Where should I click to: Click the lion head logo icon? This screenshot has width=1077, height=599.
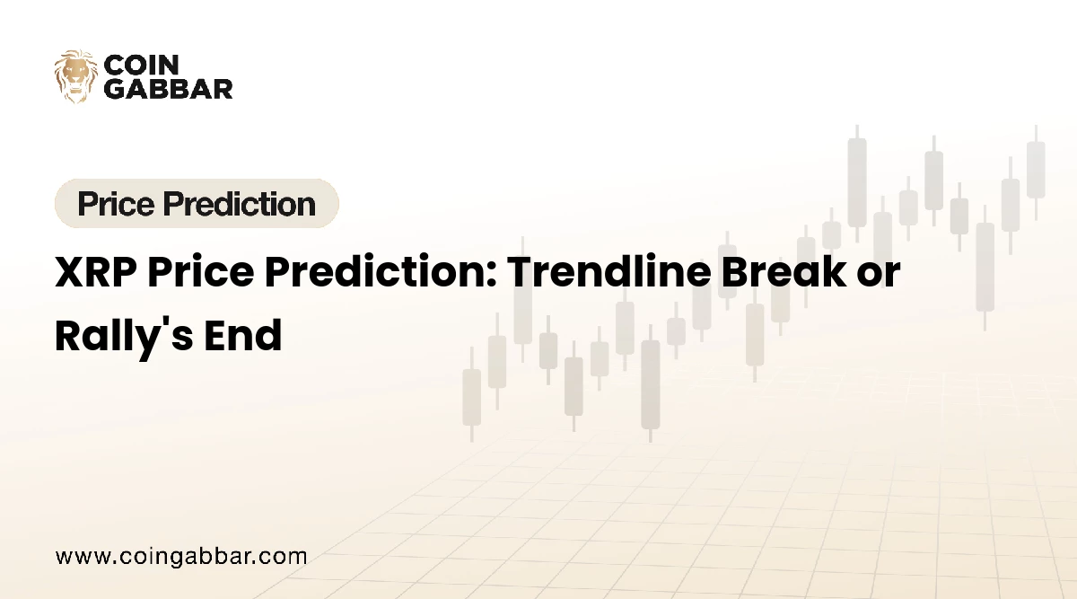tap(75, 76)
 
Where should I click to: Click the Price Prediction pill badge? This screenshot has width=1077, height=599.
tap(197, 204)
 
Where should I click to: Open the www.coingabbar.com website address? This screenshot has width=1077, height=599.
tap(181, 556)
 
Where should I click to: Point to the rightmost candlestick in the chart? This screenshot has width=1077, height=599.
tap(1036, 170)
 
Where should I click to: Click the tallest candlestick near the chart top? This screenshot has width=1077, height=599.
tap(857, 180)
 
